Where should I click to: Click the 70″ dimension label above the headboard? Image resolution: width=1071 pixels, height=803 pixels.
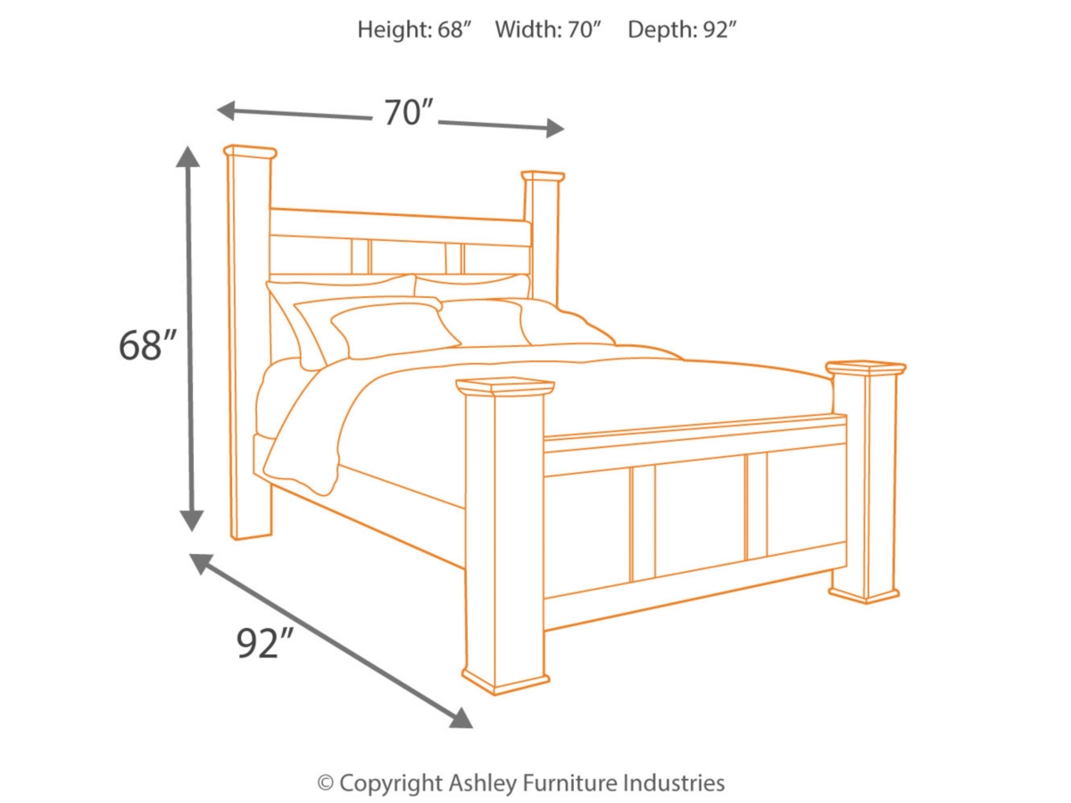pyautogui.click(x=409, y=112)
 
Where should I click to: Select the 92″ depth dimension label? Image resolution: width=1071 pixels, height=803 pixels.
pyautogui.click(x=265, y=643)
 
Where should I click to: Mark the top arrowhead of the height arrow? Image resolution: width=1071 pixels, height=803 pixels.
pyautogui.click(x=188, y=157)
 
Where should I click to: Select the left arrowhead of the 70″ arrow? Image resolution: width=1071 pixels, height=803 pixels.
pyautogui.click(x=227, y=111)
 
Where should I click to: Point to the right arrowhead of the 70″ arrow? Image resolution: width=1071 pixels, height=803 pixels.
pyautogui.click(x=555, y=128)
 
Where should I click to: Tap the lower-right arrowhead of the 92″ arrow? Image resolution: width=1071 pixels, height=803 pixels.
pyautogui.click(x=461, y=718)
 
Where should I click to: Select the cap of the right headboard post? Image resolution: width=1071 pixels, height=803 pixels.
pyautogui.click(x=543, y=176)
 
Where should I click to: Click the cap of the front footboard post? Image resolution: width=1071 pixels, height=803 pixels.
pyautogui.click(x=505, y=386)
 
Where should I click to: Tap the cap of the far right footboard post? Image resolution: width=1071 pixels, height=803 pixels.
pyautogui.click(x=865, y=368)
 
